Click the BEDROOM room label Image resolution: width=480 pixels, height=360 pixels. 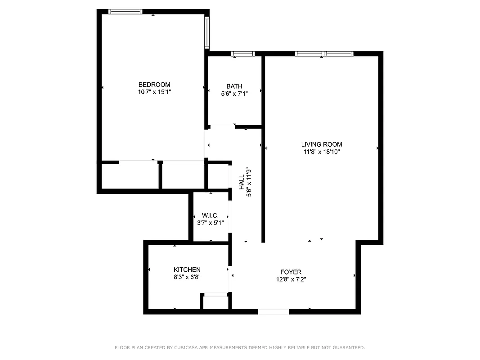click(x=154, y=85)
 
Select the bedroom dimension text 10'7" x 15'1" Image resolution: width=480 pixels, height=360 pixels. click(x=154, y=92)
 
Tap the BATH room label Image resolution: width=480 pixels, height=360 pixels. click(x=234, y=86)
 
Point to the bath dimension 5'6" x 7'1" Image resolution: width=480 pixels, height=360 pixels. click(x=234, y=94)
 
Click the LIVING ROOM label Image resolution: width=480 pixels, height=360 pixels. click(x=321, y=144)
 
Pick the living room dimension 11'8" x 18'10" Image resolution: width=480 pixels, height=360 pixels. click(x=321, y=152)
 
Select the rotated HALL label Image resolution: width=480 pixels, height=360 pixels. click(x=242, y=182)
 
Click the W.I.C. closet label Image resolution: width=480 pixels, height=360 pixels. click(x=210, y=216)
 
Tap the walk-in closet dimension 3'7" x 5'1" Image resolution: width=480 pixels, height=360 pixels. click(x=210, y=223)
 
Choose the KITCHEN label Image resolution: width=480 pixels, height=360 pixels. click(x=187, y=270)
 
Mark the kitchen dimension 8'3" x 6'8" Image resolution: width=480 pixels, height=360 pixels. click(x=187, y=277)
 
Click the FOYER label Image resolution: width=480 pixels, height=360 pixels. click(x=291, y=272)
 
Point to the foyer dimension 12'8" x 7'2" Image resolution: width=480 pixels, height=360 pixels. click(x=291, y=279)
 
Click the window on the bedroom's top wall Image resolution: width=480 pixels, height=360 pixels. click(x=126, y=12)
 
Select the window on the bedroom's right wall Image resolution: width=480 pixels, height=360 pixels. click(x=207, y=33)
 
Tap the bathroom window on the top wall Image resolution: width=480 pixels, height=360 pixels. click(x=243, y=54)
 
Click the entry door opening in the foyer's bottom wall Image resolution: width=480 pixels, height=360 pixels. click(x=274, y=311)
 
